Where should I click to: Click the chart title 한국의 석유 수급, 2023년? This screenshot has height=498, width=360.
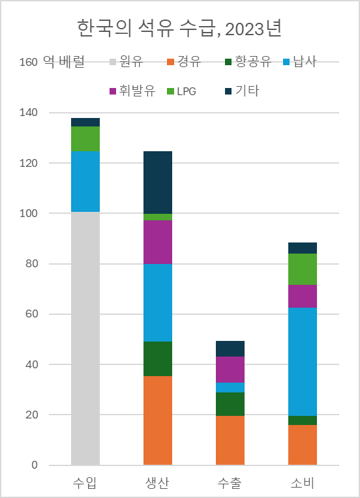[179, 29]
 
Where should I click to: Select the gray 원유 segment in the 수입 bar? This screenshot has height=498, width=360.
[85, 338]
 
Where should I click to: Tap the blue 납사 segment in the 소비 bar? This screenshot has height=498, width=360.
[302, 361]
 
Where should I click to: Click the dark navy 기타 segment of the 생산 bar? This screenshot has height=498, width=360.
[157, 182]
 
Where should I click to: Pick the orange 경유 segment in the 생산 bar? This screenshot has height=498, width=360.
[157, 420]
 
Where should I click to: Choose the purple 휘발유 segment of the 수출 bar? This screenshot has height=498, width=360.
[230, 370]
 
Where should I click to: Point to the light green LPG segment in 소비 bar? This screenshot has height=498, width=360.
[302, 269]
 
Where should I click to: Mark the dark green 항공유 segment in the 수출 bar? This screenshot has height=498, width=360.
[230, 404]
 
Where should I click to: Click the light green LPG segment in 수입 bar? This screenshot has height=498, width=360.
[85, 139]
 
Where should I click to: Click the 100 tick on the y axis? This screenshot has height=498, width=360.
[29, 214]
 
